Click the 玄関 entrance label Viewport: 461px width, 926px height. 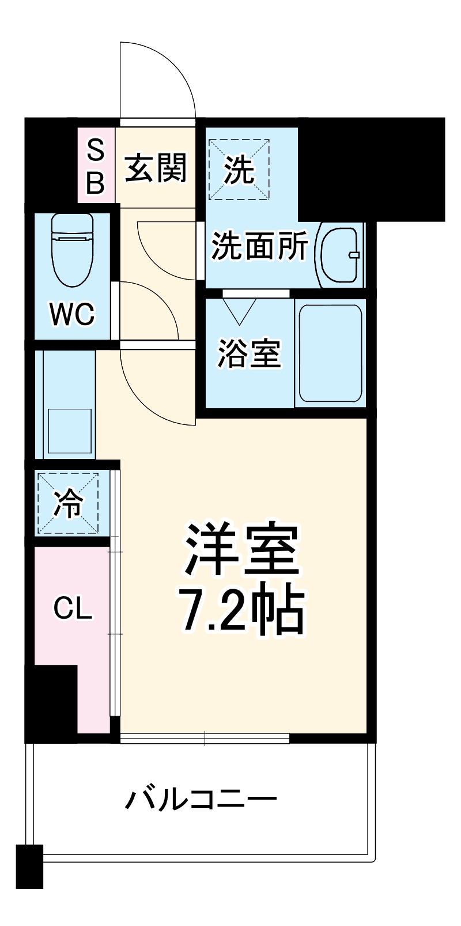coord(156,168)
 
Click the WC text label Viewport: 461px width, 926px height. coord(72,314)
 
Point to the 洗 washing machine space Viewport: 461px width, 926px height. coord(239,169)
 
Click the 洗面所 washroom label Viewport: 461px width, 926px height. coord(259,247)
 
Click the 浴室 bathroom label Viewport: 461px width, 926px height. coord(249,353)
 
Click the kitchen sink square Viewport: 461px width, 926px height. coord(70,431)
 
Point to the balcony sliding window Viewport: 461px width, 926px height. coord(205,739)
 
